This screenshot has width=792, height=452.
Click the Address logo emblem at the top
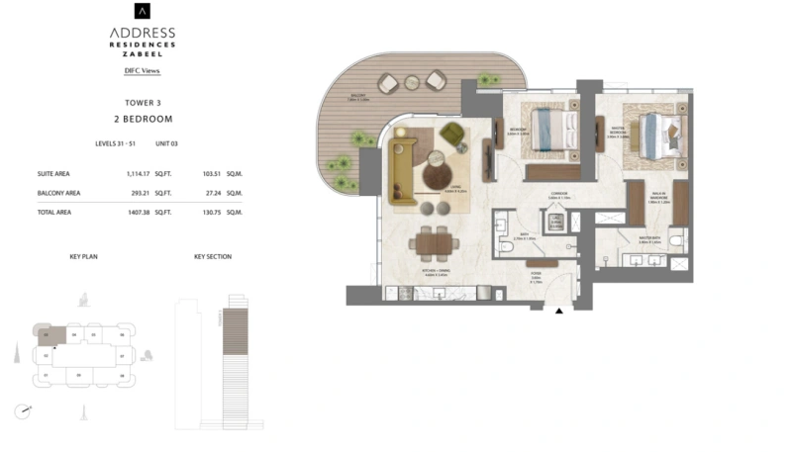coord(143,12)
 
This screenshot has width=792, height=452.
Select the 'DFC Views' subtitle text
coord(143,71)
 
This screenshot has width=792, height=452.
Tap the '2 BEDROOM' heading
coord(143,119)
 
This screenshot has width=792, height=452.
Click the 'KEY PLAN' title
coord(83,256)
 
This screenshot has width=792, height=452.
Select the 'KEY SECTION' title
coord(212,256)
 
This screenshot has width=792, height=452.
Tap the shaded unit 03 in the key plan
coord(52,336)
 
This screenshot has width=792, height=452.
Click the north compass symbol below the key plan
coord(25,409)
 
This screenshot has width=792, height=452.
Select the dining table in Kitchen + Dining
coord(432,241)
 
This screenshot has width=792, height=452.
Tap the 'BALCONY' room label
coord(358,97)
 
